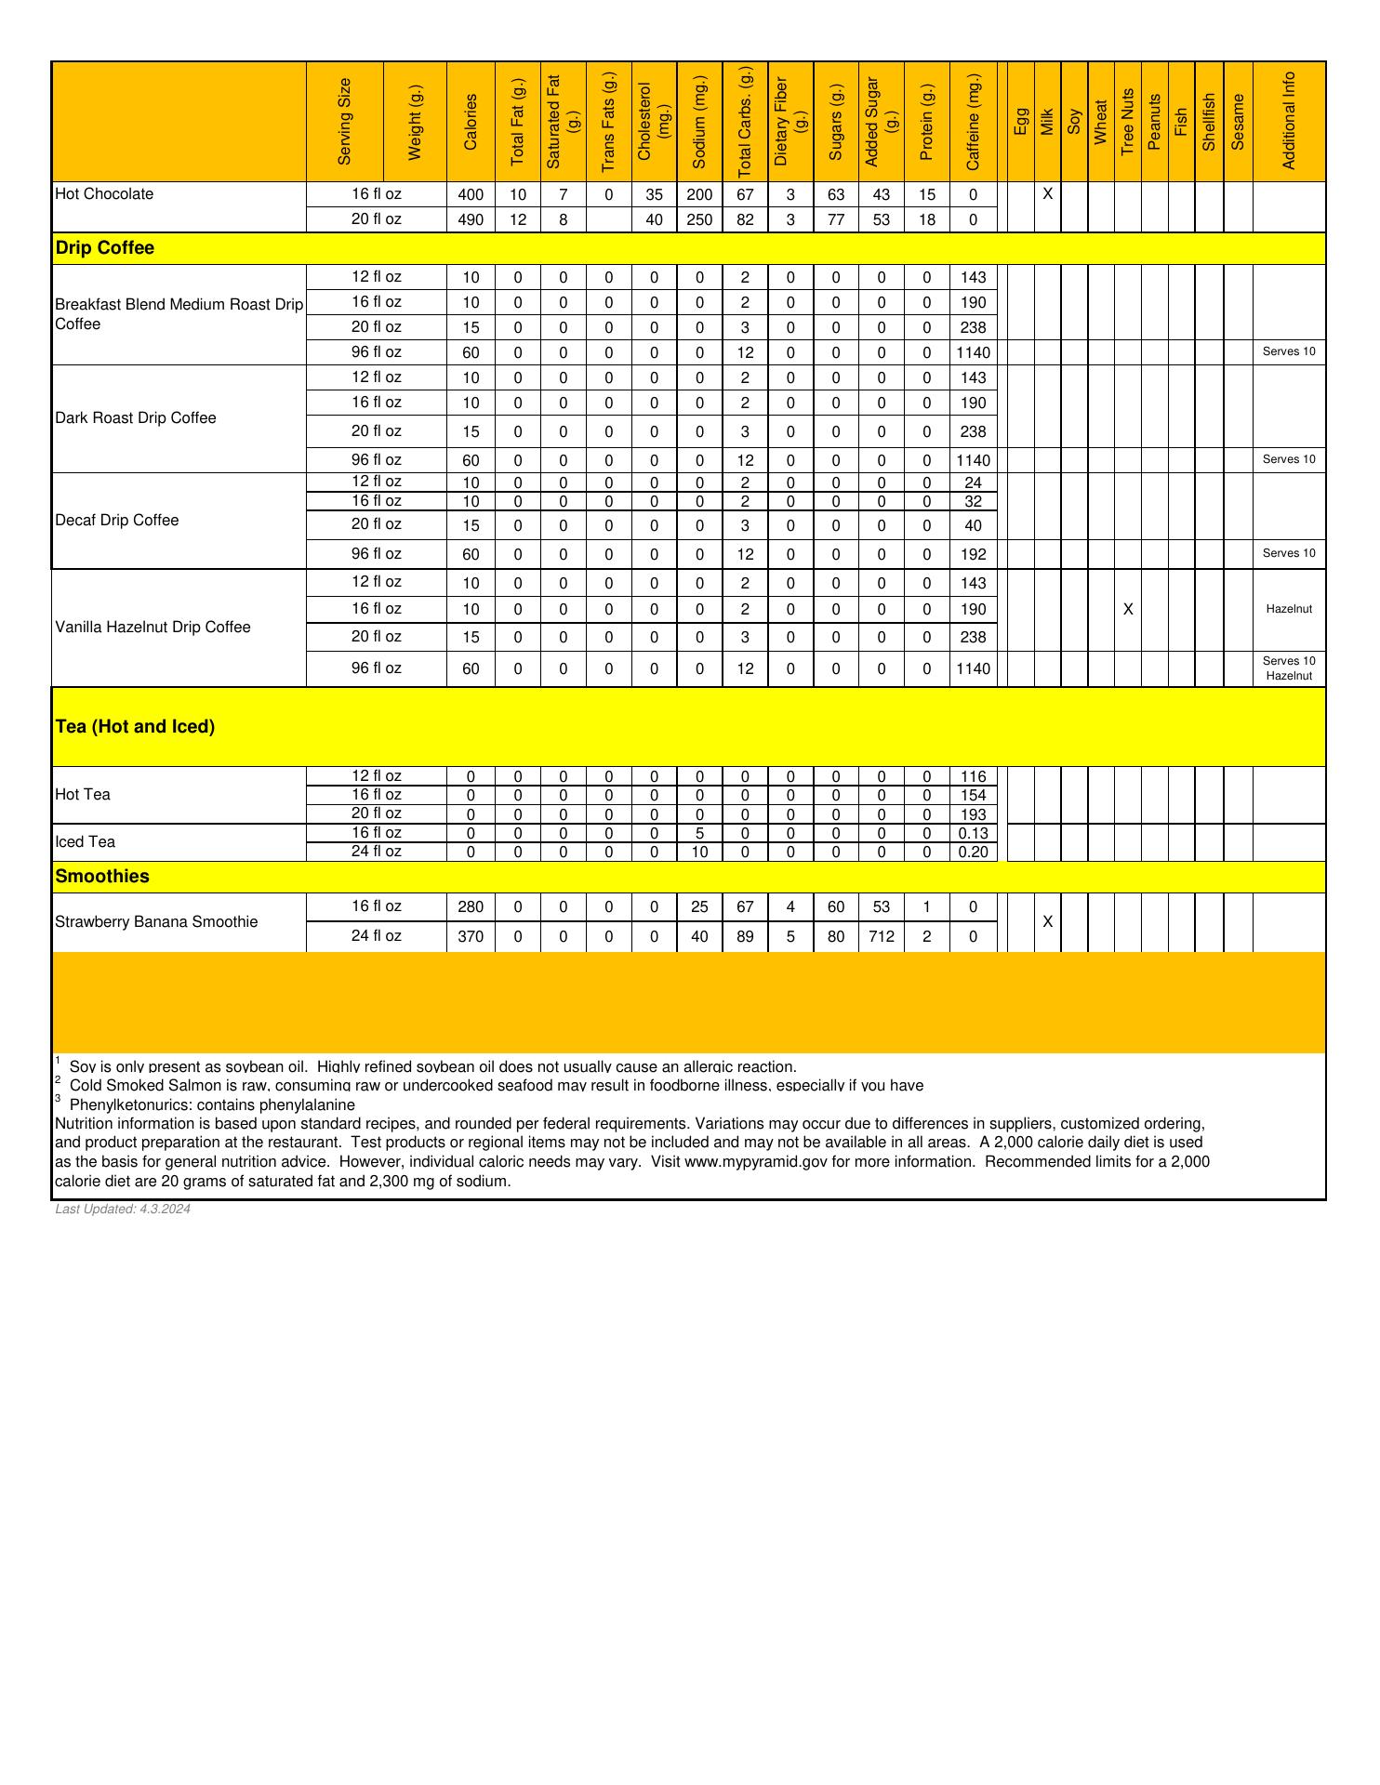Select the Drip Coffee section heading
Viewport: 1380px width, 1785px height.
pyautogui.click(x=105, y=248)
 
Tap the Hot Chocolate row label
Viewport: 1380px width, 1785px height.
pyautogui.click(x=104, y=194)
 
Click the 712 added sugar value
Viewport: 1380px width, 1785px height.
pyautogui.click(x=882, y=937)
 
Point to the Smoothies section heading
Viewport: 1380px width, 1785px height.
pyautogui.click(x=102, y=877)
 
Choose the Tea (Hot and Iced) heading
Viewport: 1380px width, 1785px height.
pyautogui.click(x=135, y=727)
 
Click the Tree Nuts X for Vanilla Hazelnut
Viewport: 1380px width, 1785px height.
pyautogui.click(x=1128, y=610)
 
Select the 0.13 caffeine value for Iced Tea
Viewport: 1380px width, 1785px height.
pyautogui.click(x=973, y=834)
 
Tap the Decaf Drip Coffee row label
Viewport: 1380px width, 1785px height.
pyautogui.click(x=117, y=521)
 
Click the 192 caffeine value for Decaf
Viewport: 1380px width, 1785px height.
pyautogui.click(x=973, y=555)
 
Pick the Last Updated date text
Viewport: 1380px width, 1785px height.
pyautogui.click(x=123, y=1210)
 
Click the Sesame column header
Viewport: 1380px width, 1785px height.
pyautogui.click(x=1238, y=121)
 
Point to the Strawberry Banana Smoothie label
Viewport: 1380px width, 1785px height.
pyautogui.click(x=156, y=922)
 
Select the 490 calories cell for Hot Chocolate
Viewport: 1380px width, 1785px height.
pyautogui.click(x=471, y=220)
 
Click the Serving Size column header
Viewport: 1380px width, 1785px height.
pyautogui.click(x=345, y=121)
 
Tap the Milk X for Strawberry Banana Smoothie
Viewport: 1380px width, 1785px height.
pyautogui.click(x=1047, y=922)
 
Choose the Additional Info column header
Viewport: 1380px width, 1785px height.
pyautogui.click(x=1289, y=121)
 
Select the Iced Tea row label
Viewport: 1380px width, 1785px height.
pyautogui.click(x=86, y=842)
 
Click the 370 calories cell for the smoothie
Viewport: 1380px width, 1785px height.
pyautogui.click(x=471, y=937)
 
